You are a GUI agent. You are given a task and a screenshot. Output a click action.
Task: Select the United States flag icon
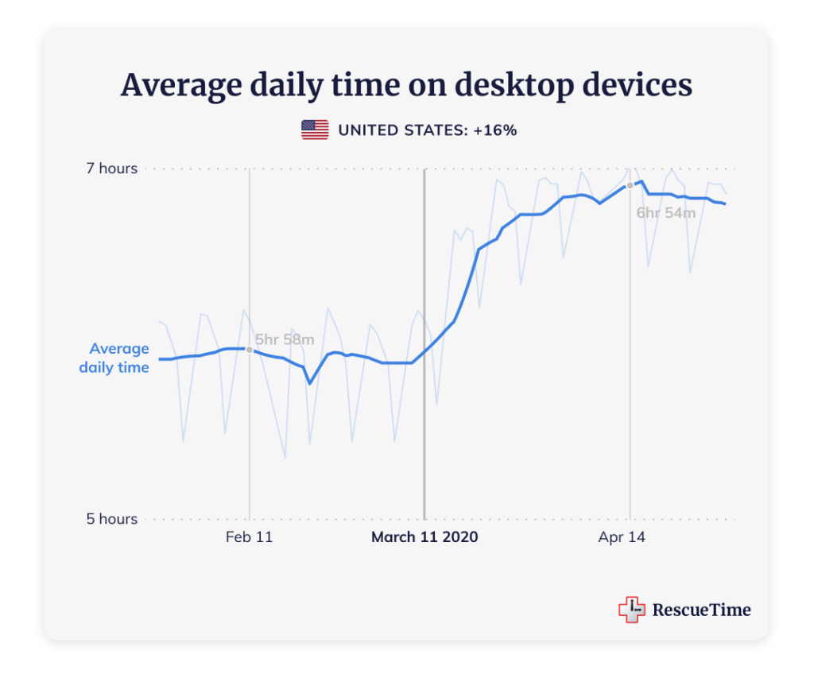click(315, 130)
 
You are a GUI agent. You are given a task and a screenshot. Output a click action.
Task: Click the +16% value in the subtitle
click(494, 130)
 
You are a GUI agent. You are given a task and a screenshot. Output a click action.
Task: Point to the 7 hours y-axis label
click(112, 168)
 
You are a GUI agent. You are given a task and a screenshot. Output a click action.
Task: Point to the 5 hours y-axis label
click(112, 519)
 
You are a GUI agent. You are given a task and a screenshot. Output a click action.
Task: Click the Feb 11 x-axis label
click(249, 537)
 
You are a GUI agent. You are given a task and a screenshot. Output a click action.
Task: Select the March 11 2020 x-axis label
click(424, 537)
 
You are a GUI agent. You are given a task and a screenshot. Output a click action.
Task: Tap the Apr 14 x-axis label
click(622, 537)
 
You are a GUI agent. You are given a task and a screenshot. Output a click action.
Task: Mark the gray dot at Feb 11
click(250, 350)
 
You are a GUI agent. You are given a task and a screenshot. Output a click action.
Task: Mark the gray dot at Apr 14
click(630, 185)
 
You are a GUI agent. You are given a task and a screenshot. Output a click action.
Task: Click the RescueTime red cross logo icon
click(631, 610)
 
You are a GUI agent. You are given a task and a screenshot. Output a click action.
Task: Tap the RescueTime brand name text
click(701, 610)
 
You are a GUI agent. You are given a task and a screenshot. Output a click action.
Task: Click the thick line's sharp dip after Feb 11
click(310, 384)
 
